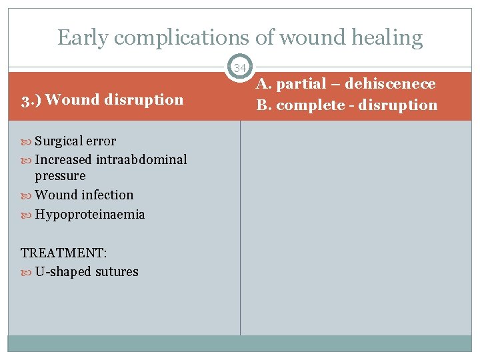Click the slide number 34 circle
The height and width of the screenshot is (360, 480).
click(240, 67)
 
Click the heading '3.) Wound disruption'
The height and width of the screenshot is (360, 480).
click(102, 100)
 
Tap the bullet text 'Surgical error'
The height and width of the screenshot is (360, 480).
click(75, 141)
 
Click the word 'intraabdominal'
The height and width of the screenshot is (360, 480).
click(141, 159)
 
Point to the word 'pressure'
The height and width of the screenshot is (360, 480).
click(61, 176)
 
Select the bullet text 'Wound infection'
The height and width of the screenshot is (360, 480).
click(84, 195)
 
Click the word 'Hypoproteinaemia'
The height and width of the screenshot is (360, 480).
click(90, 214)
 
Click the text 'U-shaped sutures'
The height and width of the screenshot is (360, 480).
click(87, 271)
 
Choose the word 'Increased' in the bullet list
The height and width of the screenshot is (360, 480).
click(63, 159)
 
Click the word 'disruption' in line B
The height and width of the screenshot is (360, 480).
click(400, 105)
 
